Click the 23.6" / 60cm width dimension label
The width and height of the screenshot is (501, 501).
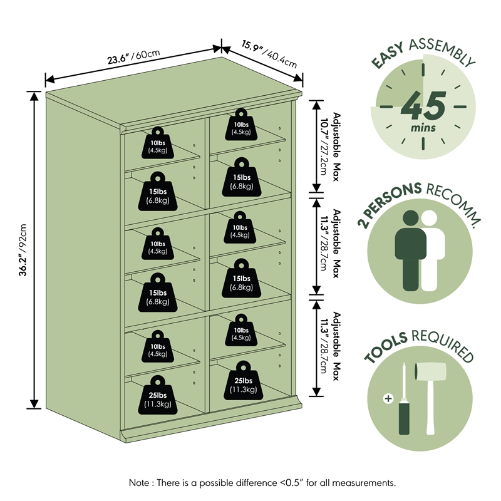coord(133,56)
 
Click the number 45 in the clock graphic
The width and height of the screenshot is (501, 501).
coord(423,105)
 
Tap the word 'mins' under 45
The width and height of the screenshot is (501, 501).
coord(423,128)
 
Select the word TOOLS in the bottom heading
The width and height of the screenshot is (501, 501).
coord(386,348)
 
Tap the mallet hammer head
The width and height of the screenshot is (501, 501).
coord(430,371)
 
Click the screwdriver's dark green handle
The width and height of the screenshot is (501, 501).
coord(404,418)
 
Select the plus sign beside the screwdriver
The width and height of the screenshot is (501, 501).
coord(388,398)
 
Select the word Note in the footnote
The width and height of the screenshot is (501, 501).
coord(139,482)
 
